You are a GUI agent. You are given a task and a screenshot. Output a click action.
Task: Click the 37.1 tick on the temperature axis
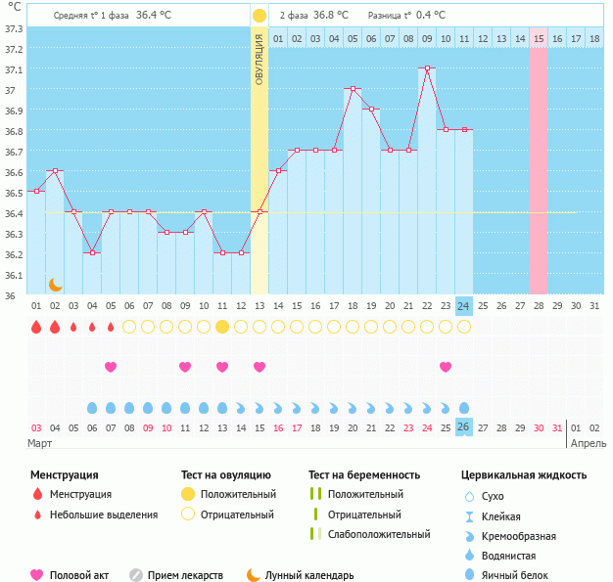pyautogui.click(x=14, y=69)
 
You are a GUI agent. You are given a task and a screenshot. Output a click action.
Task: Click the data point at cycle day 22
pyautogui.click(x=427, y=68)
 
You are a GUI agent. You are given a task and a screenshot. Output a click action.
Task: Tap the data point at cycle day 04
pyautogui.click(x=92, y=252)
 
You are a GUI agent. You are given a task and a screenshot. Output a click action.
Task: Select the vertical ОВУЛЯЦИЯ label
pyautogui.click(x=259, y=59)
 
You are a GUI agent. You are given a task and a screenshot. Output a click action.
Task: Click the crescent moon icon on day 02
pyautogui.click(x=56, y=284)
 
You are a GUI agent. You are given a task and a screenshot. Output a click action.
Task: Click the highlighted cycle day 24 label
pyautogui.click(x=464, y=305)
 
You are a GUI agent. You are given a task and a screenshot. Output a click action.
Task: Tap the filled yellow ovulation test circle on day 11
pyautogui.click(x=222, y=327)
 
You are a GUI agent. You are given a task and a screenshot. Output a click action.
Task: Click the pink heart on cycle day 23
pyautogui.click(x=446, y=367)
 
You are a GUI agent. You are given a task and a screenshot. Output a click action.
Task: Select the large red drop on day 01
pyautogui.click(x=36, y=327)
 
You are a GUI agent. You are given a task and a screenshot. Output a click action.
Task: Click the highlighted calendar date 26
pyautogui.click(x=464, y=427)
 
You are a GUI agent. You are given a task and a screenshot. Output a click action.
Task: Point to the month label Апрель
pyautogui.click(x=588, y=443)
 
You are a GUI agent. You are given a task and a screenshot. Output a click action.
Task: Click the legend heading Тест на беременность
pyautogui.click(x=363, y=475)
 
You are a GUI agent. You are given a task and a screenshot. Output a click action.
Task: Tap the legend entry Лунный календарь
pyautogui.click(x=304, y=575)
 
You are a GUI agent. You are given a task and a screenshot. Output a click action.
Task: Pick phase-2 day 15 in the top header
pyautogui.click(x=539, y=38)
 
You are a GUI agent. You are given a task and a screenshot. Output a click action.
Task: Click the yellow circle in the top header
pyautogui.click(x=259, y=16)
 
